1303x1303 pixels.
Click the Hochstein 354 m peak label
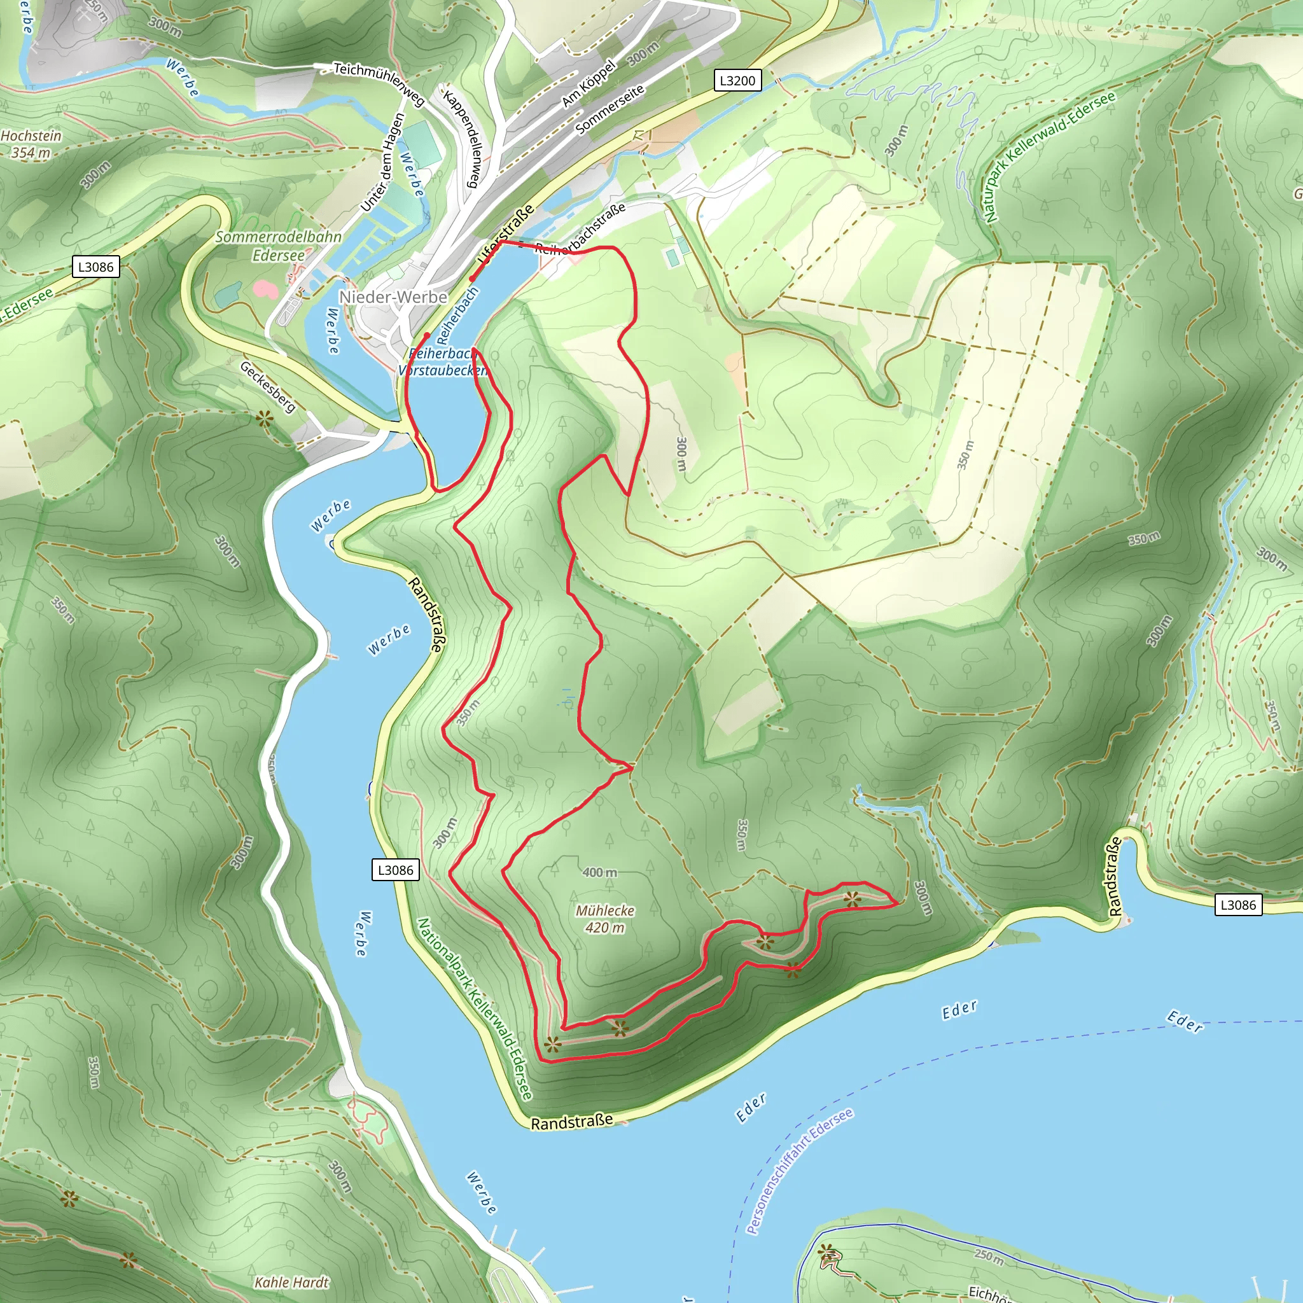click(x=31, y=144)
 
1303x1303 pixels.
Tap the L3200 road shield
click(x=737, y=81)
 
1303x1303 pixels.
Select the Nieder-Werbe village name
click(x=393, y=296)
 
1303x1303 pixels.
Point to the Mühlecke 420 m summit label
click(x=605, y=919)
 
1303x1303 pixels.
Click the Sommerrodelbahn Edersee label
click(x=278, y=246)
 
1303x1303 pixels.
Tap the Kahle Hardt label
click(x=291, y=1282)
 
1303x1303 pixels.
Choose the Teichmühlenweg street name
click(x=379, y=83)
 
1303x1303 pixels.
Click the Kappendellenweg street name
click(x=463, y=137)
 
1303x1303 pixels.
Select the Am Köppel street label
click(x=589, y=83)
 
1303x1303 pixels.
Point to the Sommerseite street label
click(x=610, y=109)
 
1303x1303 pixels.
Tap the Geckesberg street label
click(x=268, y=387)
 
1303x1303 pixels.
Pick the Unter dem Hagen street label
click(x=382, y=162)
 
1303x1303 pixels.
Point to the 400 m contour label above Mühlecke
click(x=599, y=872)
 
